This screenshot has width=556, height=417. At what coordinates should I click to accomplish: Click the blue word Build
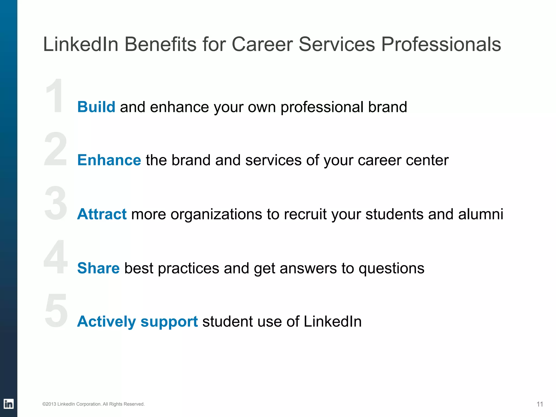pyautogui.click(x=96, y=107)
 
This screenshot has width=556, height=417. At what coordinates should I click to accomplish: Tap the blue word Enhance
pyautogui.click(x=109, y=160)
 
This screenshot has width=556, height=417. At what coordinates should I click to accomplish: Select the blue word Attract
pyautogui.click(x=102, y=214)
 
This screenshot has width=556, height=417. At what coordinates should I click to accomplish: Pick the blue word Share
pyautogui.click(x=98, y=268)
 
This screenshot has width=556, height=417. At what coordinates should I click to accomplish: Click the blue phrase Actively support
pyautogui.click(x=137, y=321)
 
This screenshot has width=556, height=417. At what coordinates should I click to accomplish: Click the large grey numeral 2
pyautogui.click(x=56, y=149)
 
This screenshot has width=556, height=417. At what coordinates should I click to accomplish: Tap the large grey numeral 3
pyautogui.click(x=56, y=203)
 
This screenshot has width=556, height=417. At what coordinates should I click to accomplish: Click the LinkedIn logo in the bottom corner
pyautogui.click(x=8, y=404)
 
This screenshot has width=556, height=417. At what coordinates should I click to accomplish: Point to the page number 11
pyautogui.click(x=540, y=404)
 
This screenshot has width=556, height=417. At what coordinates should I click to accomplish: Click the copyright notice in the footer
pyautogui.click(x=93, y=404)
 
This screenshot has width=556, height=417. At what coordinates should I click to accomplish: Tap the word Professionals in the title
pyautogui.click(x=441, y=44)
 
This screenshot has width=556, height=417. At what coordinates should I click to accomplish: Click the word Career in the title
pyautogui.click(x=262, y=44)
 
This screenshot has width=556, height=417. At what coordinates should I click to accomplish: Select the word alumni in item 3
pyautogui.click(x=481, y=214)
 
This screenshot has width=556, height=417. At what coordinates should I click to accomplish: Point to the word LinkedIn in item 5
pyautogui.click(x=332, y=321)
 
